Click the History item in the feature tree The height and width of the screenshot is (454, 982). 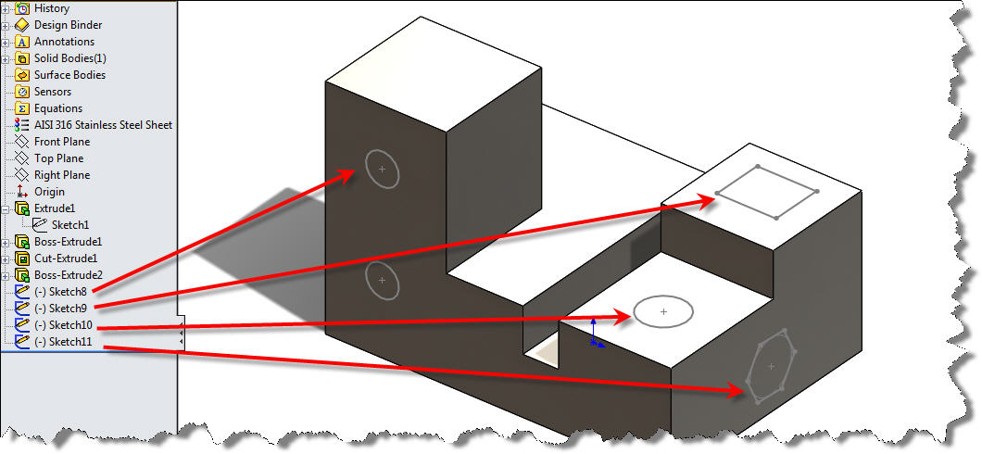(x=51, y=8)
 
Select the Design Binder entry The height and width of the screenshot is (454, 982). (x=68, y=25)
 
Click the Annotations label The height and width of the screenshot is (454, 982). (x=64, y=42)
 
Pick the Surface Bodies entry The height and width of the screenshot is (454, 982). (x=69, y=75)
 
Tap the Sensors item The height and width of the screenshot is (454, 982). (x=53, y=92)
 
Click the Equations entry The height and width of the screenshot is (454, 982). (x=57, y=108)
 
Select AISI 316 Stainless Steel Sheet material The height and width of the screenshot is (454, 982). (x=103, y=125)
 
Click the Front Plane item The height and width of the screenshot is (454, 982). (x=61, y=142)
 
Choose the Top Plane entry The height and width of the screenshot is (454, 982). (x=58, y=158)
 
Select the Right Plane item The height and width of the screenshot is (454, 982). (x=62, y=175)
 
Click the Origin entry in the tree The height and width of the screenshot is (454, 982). (x=49, y=192)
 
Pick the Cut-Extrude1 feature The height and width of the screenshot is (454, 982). (x=65, y=259)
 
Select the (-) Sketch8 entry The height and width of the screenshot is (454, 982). (x=59, y=292)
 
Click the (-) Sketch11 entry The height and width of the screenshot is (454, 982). (x=62, y=342)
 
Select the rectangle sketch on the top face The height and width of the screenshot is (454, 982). (x=767, y=193)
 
